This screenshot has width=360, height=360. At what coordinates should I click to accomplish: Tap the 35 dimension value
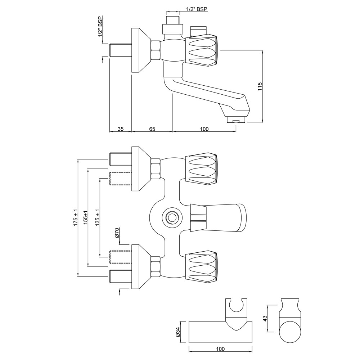click(x=120, y=129)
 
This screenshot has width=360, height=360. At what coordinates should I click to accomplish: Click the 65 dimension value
click(x=152, y=129)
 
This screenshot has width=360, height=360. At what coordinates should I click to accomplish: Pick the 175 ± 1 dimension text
click(x=75, y=217)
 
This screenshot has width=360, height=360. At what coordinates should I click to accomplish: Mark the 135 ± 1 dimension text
click(x=97, y=217)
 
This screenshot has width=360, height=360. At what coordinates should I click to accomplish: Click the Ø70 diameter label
click(x=117, y=233)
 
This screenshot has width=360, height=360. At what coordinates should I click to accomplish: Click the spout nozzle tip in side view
click(x=235, y=120)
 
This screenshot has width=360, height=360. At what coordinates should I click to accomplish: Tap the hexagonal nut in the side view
click(x=156, y=50)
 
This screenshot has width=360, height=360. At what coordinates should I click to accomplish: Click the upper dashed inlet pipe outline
click(x=121, y=179)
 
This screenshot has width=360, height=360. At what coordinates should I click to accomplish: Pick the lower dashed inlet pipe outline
click(x=121, y=253)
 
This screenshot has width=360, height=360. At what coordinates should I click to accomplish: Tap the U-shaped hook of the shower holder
click(x=237, y=306)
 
